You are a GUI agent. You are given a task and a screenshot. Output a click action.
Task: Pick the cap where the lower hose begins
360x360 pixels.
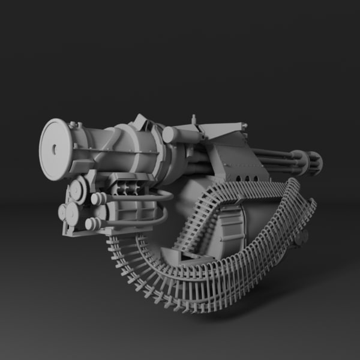click(92, 224)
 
